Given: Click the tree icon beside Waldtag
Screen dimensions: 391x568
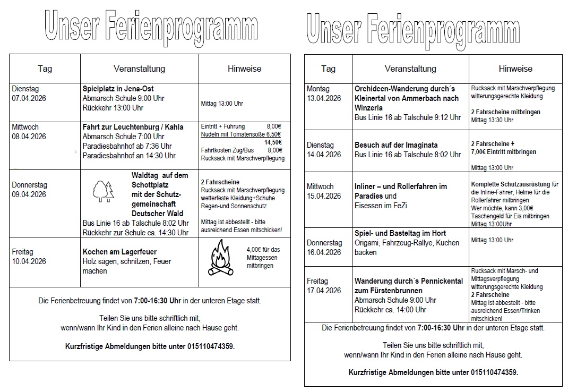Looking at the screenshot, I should tap(104, 191).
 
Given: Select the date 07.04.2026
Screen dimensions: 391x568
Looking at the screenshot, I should tap(29, 98).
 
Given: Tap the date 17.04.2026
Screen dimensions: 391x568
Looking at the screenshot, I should tap(324, 291).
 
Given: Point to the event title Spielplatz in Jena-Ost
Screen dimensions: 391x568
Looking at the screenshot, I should tap(118, 89).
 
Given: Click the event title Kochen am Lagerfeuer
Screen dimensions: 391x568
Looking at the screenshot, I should tap(119, 252).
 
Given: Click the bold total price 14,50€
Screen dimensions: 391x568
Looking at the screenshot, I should tap(273, 142).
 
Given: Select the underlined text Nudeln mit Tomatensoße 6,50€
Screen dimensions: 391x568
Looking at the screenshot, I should tap(241, 135).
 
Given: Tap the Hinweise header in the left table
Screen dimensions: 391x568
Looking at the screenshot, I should tap(244, 69).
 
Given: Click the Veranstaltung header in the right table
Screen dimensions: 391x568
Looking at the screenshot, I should tap(410, 69).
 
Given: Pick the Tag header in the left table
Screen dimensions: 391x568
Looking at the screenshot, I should tap(45, 69).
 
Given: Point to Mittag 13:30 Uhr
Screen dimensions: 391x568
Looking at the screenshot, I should tap(492, 120).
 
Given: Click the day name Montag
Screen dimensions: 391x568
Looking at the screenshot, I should tap(318, 89).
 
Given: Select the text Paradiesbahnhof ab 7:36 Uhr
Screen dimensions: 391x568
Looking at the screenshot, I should tap(127, 146).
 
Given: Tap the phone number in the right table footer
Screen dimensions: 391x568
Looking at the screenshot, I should tap(494, 372).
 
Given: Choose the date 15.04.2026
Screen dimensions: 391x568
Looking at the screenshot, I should tap(324, 196).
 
